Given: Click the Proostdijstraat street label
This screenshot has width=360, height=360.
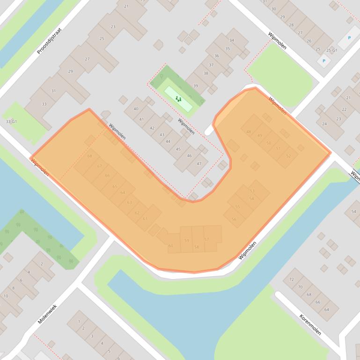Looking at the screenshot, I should click(x=49, y=41).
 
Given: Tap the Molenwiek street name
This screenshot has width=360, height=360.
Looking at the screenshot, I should click(x=47, y=314).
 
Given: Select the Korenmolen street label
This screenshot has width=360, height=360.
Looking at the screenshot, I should click(x=310, y=324).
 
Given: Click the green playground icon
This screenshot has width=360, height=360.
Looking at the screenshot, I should click(x=178, y=99).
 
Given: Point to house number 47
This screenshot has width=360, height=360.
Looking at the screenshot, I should click(x=199, y=164).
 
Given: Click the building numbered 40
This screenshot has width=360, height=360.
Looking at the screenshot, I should click(x=136, y=109).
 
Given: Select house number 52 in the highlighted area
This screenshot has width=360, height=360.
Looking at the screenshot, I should click(x=288, y=156).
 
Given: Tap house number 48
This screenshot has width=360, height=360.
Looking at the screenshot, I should click(x=249, y=132).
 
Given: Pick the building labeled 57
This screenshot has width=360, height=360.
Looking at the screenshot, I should click(x=207, y=239).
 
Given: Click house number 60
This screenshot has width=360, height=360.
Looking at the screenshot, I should click(x=170, y=245).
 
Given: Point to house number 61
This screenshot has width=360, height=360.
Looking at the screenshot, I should click(x=145, y=218).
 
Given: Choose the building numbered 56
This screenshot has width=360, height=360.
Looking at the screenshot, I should click(x=234, y=219).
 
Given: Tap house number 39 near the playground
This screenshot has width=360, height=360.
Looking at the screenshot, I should click(x=196, y=86).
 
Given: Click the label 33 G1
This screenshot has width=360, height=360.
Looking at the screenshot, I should click(x=11, y=122).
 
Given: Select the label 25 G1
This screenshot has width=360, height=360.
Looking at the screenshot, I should click(x=331, y=50).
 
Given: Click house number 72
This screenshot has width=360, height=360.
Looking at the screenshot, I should click(x=291, y=279).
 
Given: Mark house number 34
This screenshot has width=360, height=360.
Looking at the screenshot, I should click(x=231, y=40).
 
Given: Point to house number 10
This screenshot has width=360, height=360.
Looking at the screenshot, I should click(x=6, y=296).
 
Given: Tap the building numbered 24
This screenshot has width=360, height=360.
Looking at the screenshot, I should click(x=324, y=124).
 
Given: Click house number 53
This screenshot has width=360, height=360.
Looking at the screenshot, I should click(x=252, y=191).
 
